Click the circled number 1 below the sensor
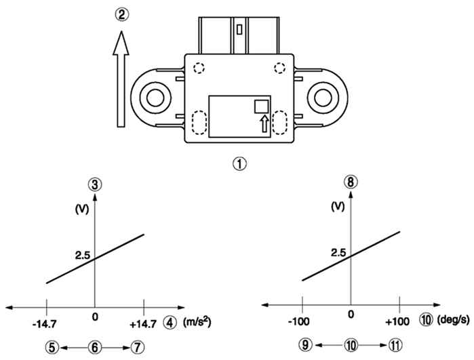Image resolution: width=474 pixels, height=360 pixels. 239,163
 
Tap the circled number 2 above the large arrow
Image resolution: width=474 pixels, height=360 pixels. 121,14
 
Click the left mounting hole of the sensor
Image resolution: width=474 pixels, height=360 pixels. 155,98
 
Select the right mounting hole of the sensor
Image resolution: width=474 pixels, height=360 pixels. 323,98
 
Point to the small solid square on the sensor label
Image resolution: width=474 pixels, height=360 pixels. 262,106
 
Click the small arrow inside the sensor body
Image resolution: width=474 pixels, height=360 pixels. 264,123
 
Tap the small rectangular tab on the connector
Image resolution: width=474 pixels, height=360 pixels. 239,29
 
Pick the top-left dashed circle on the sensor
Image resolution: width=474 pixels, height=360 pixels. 199,68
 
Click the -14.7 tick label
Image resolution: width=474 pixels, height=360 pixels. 45,324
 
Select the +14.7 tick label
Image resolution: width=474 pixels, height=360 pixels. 143,324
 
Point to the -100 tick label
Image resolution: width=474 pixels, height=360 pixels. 298,321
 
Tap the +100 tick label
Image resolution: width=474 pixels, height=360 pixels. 397,321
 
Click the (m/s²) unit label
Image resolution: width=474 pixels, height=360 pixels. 197,322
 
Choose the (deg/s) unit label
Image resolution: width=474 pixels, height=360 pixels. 453,320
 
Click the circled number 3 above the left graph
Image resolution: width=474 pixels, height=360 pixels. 95,185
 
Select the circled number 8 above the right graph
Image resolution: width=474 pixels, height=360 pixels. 351,182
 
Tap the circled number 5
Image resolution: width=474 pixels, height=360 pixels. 52,348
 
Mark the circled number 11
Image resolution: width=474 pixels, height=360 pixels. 395,345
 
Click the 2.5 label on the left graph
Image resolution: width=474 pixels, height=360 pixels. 83,256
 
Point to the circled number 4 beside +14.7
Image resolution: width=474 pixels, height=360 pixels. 170,323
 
